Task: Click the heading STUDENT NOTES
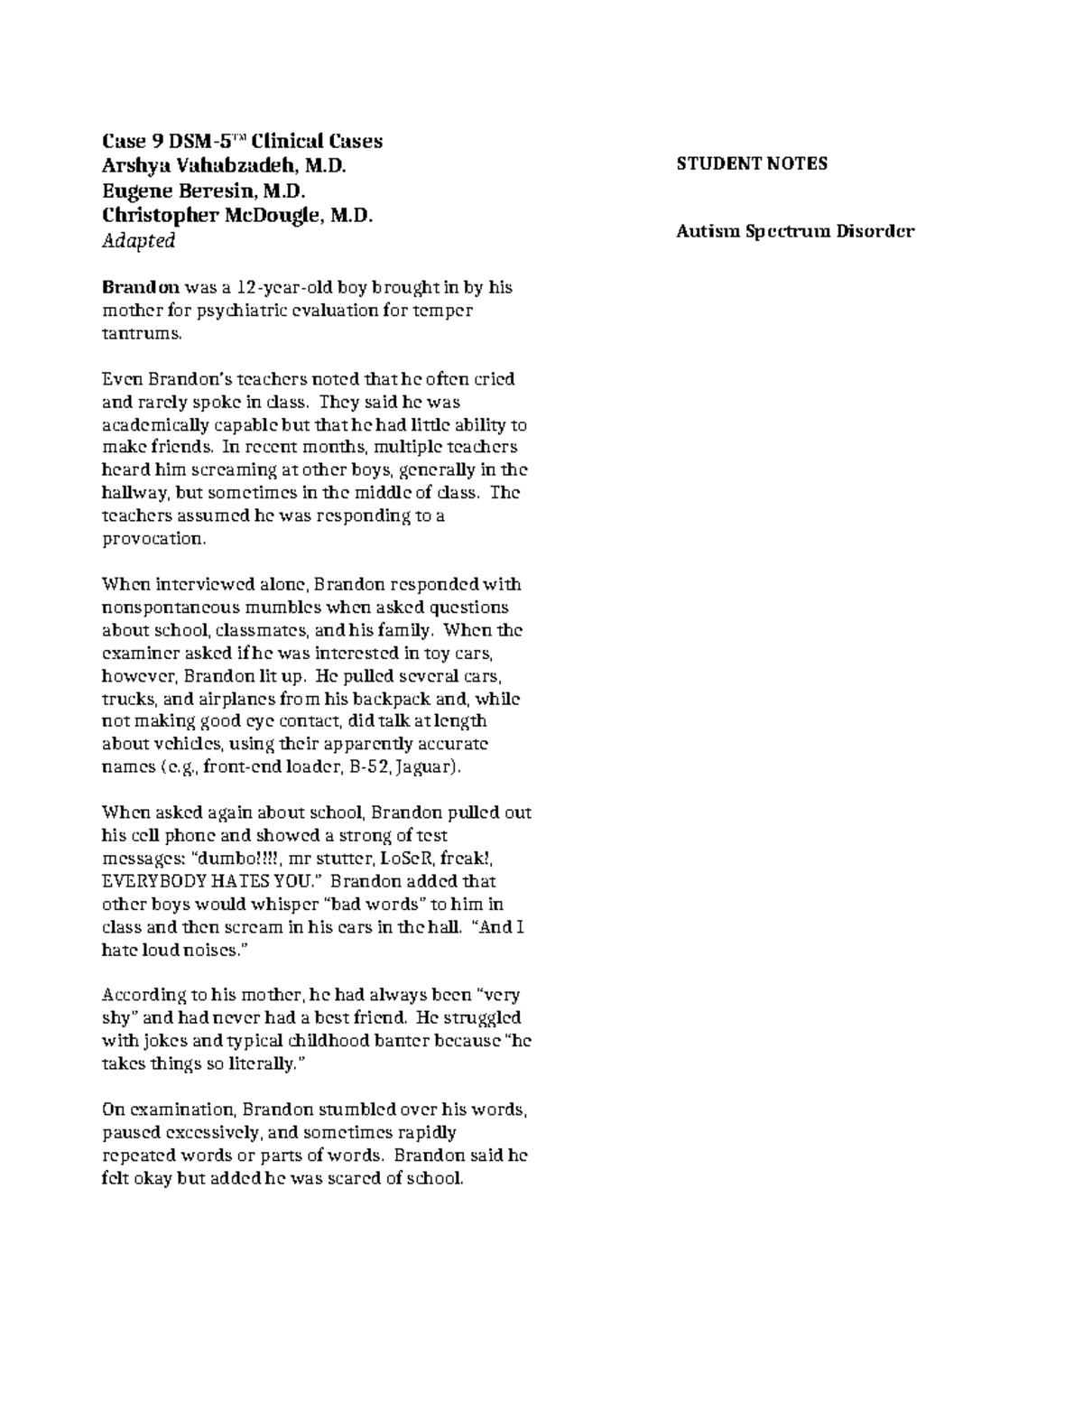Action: (752, 163)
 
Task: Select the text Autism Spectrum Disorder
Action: (795, 231)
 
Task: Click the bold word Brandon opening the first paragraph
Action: (141, 288)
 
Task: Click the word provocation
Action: (153, 539)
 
